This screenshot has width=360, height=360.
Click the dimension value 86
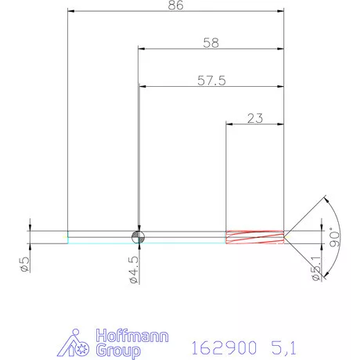(175, 6)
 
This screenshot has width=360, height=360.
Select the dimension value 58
(210, 43)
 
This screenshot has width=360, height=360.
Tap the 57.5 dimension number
(210, 81)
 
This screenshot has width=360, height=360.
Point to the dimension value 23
(254, 118)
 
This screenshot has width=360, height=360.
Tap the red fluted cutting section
(253, 236)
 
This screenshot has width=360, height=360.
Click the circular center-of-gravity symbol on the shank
(138, 236)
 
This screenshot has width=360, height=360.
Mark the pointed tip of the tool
(286, 236)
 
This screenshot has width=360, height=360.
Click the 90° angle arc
(329, 211)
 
